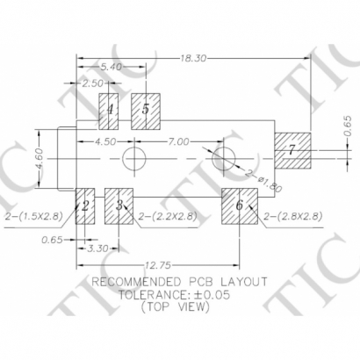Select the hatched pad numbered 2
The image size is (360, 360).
84,205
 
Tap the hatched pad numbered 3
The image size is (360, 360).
119,205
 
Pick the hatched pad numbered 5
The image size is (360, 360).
145,110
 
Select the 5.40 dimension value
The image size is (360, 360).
112,67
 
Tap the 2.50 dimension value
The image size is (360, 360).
92,83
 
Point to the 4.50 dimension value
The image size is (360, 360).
104,140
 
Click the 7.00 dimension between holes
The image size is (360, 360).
178,140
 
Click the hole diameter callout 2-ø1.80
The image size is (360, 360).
263,182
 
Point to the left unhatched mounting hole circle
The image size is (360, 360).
133,159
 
